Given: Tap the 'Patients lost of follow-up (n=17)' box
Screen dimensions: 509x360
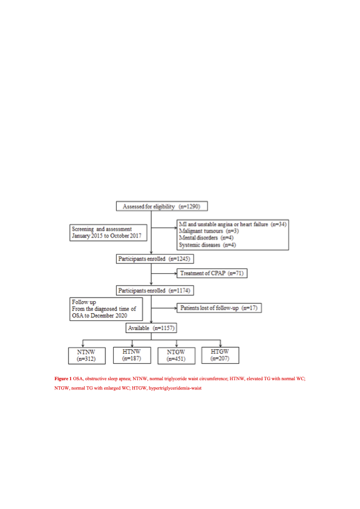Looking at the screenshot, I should (219, 308).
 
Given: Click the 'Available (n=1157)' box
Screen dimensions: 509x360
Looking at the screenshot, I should (152, 328).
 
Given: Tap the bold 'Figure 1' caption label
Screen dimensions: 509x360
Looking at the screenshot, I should (63, 378).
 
